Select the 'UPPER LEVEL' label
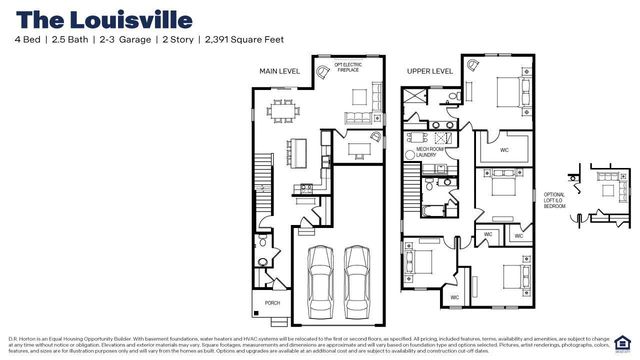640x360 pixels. (x=429, y=71)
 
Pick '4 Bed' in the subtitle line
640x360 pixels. (x=28, y=41)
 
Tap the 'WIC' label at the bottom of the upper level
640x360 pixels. (x=454, y=298)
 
